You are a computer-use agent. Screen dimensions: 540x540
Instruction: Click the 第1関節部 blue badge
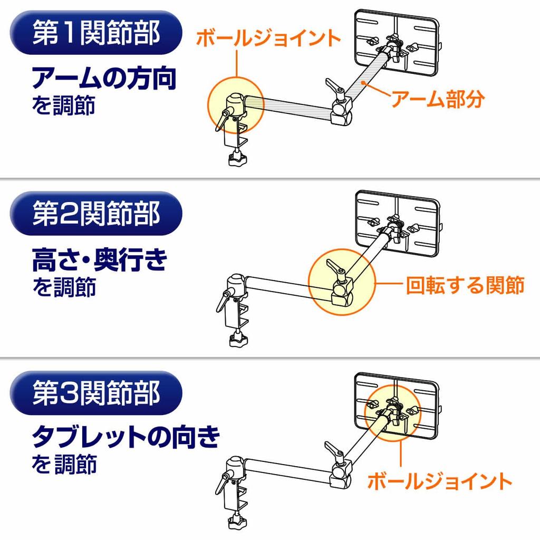click(96, 33)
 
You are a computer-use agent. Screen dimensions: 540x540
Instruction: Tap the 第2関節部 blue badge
click(96, 214)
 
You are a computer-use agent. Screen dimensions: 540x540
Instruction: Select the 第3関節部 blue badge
click(96, 393)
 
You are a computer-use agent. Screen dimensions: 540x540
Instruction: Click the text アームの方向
click(104, 78)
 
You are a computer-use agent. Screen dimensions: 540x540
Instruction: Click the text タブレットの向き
click(126, 437)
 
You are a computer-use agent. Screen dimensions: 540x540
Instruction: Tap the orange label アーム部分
click(438, 99)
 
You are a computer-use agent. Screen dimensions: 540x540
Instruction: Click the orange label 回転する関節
click(465, 285)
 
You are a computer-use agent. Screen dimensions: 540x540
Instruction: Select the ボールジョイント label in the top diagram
click(268, 37)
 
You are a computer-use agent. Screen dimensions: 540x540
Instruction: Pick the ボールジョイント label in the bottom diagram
click(439, 481)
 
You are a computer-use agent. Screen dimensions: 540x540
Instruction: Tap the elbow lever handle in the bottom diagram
click(334, 449)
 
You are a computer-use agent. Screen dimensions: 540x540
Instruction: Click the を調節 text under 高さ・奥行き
click(64, 286)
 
